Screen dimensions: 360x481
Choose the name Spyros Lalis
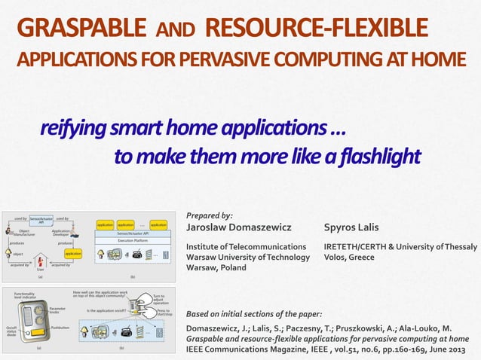coord(351,227)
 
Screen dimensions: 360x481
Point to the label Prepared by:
coord(209,215)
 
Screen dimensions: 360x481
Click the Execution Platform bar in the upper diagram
coord(132,239)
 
